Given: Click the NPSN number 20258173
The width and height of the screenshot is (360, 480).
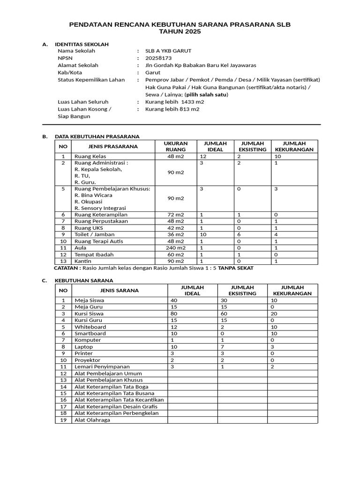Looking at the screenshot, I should [x=159, y=58].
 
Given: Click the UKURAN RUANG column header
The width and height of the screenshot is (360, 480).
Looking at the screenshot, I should [x=176, y=146].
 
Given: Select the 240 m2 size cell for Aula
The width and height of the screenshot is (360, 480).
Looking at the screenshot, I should [x=176, y=247].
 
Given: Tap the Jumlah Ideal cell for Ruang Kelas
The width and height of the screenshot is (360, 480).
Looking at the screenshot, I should [x=203, y=156].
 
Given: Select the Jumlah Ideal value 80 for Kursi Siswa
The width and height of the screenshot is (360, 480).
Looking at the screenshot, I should [x=173, y=313].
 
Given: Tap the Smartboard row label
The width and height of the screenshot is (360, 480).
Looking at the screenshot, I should [x=90, y=333].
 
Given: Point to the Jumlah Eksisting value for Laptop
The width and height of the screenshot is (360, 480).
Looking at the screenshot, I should [x=221, y=347].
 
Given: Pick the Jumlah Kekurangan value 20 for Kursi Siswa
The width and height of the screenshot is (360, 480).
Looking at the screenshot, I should [x=274, y=313].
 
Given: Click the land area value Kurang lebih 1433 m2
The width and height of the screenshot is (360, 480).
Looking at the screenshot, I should [x=175, y=102].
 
